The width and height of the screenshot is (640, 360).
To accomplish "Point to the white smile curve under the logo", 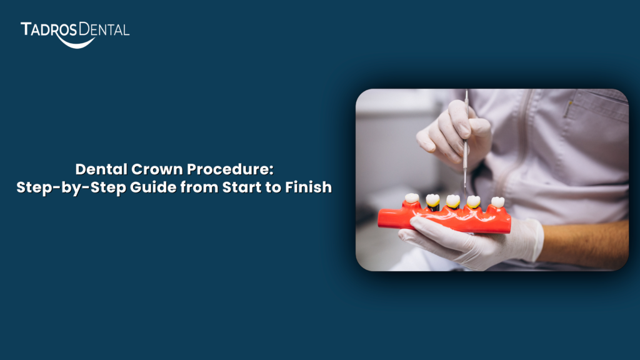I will pos(76,42).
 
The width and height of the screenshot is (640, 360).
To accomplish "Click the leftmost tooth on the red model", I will pos(411,199).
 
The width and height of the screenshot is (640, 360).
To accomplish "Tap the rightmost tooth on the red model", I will pos(497,202).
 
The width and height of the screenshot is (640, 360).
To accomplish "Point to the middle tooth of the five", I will pos(453,201).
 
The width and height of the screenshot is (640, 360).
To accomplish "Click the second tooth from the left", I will pos(432,200).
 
